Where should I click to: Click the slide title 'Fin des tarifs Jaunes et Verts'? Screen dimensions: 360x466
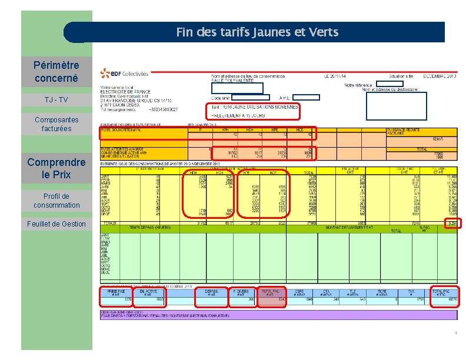point(257,32)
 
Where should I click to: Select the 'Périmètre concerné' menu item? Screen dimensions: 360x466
point(56,71)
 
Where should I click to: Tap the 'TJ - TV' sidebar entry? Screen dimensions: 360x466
point(56,100)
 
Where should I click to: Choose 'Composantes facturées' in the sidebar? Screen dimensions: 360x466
point(56,124)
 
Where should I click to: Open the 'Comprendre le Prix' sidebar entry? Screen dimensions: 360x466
point(56,168)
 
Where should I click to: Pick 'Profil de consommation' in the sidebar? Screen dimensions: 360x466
point(56,201)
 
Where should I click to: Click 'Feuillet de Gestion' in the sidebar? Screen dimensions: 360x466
point(56,224)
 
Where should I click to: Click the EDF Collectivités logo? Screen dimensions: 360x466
point(124,74)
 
